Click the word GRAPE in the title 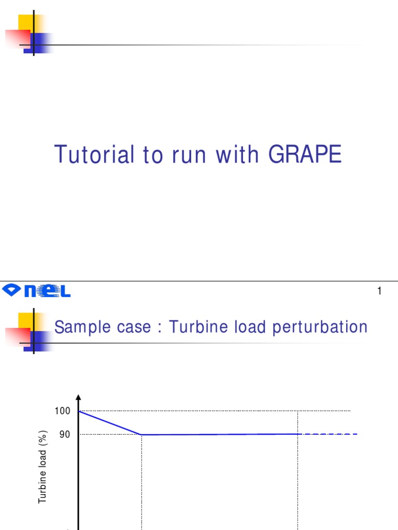[x=305, y=155]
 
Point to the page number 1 [x=379, y=291]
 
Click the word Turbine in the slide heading [x=194, y=327]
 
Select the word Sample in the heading [x=77, y=327]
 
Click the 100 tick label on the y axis [x=62, y=411]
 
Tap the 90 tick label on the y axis [x=64, y=435]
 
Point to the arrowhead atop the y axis [x=78, y=397]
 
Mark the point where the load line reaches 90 [x=141, y=435]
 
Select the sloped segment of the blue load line [x=110, y=423]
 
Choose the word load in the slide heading [x=239, y=327]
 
